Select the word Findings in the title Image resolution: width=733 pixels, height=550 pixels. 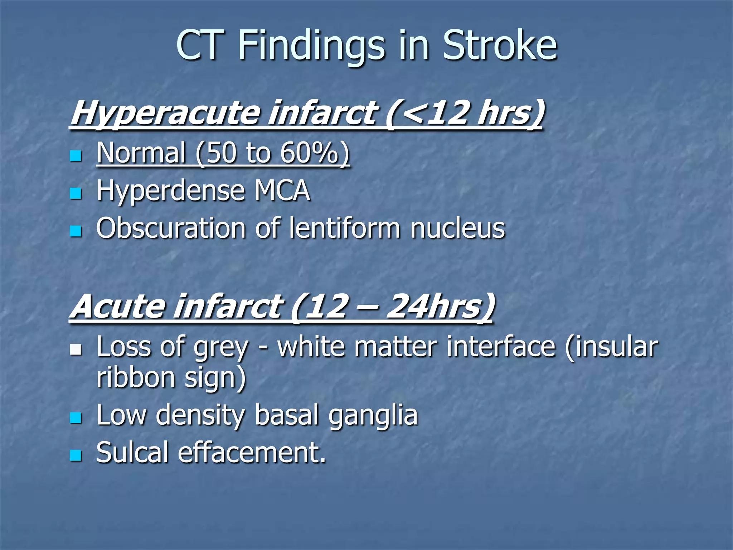(311, 46)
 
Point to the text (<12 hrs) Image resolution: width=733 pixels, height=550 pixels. (465, 113)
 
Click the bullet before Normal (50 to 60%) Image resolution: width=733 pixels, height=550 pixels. (76, 156)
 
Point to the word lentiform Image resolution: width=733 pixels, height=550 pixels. (344, 228)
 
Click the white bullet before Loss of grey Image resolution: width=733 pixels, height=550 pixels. (76, 349)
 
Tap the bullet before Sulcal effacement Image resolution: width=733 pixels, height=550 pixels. (76, 456)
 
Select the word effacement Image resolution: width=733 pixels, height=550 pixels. (252, 453)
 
